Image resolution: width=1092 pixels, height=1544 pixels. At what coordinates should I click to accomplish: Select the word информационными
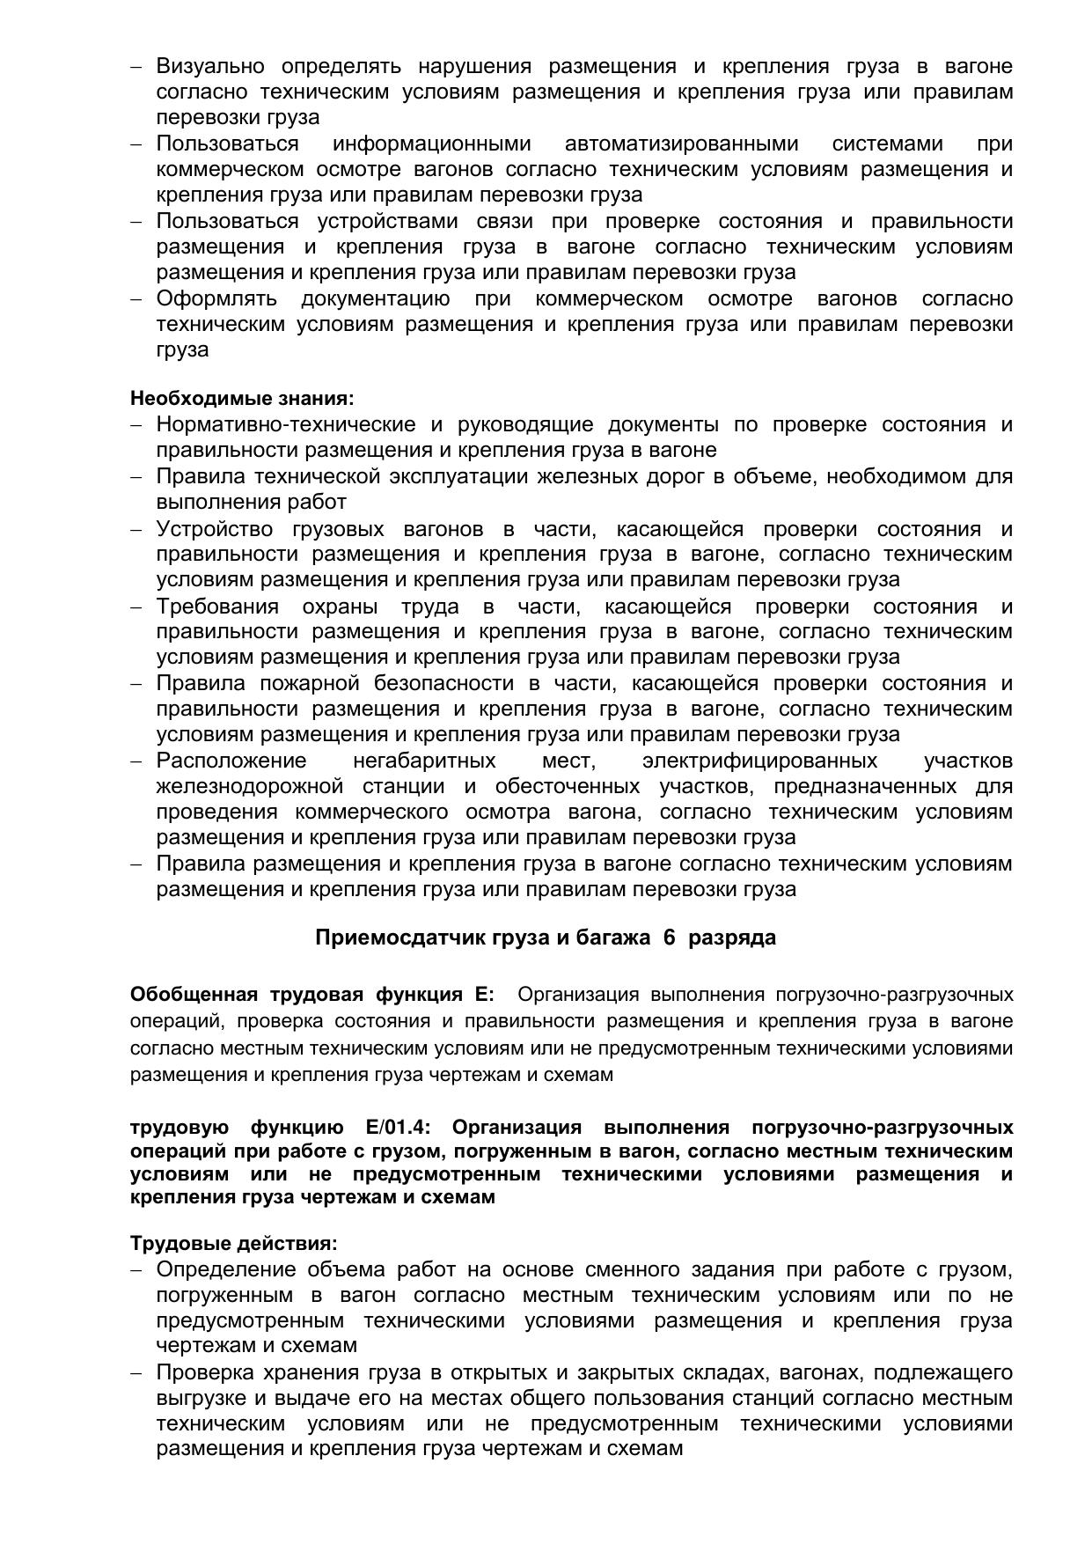432,143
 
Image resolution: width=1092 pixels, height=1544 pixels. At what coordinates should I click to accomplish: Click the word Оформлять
216,298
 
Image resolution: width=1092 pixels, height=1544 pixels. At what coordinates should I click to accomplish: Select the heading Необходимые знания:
242,398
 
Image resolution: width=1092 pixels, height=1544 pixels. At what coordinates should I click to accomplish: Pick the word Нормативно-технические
286,425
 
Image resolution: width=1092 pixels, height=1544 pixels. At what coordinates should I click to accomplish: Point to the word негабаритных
424,761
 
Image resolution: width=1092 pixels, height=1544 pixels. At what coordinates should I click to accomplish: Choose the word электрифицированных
759,761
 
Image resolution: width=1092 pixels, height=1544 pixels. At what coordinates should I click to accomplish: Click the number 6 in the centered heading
669,938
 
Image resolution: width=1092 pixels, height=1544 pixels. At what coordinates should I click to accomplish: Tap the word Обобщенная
194,995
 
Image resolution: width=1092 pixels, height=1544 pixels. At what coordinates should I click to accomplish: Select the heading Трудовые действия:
233,1244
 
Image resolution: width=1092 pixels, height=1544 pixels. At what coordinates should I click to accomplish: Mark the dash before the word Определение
136,1270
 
